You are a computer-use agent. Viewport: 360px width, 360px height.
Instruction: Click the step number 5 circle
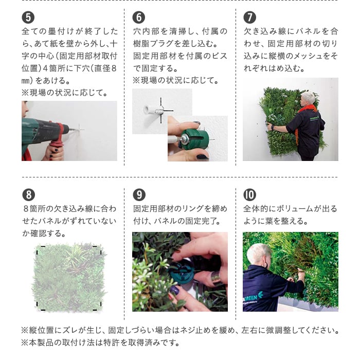[28, 17]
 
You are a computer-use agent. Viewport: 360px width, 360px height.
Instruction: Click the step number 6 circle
[139, 17]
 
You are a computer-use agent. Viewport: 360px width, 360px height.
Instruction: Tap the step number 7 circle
[249, 17]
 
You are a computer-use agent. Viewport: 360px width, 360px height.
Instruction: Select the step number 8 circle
[29, 195]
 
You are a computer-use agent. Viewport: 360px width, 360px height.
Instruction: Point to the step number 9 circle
[139, 195]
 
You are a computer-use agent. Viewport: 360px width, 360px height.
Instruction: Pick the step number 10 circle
[249, 195]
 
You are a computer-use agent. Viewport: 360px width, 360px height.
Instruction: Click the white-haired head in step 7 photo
[308, 99]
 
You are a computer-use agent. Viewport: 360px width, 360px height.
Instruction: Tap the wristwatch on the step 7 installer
[273, 128]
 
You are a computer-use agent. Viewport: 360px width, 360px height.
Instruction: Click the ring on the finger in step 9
[215, 278]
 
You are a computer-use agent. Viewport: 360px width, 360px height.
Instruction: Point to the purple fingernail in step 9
[175, 290]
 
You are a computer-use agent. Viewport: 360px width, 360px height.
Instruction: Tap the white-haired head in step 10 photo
[257, 255]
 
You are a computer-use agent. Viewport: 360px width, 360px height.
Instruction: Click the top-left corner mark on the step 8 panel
[40, 249]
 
